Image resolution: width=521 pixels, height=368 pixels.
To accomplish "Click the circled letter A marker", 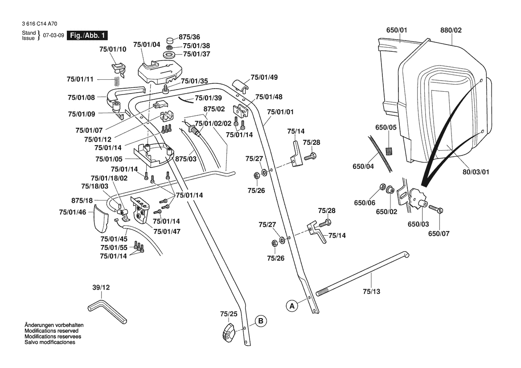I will [x=292, y=306].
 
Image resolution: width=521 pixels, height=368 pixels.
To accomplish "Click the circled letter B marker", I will [x=261, y=320].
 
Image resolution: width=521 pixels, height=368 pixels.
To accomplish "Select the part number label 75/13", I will [x=371, y=291].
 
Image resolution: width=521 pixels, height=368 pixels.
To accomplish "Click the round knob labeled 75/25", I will [x=229, y=333].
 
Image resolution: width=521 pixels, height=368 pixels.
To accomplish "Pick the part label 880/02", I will [x=451, y=30].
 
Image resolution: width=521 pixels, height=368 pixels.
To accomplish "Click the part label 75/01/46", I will [x=72, y=212].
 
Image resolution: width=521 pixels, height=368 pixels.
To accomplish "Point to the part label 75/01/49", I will [x=264, y=77].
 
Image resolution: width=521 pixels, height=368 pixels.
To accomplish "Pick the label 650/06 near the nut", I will [x=365, y=203].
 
